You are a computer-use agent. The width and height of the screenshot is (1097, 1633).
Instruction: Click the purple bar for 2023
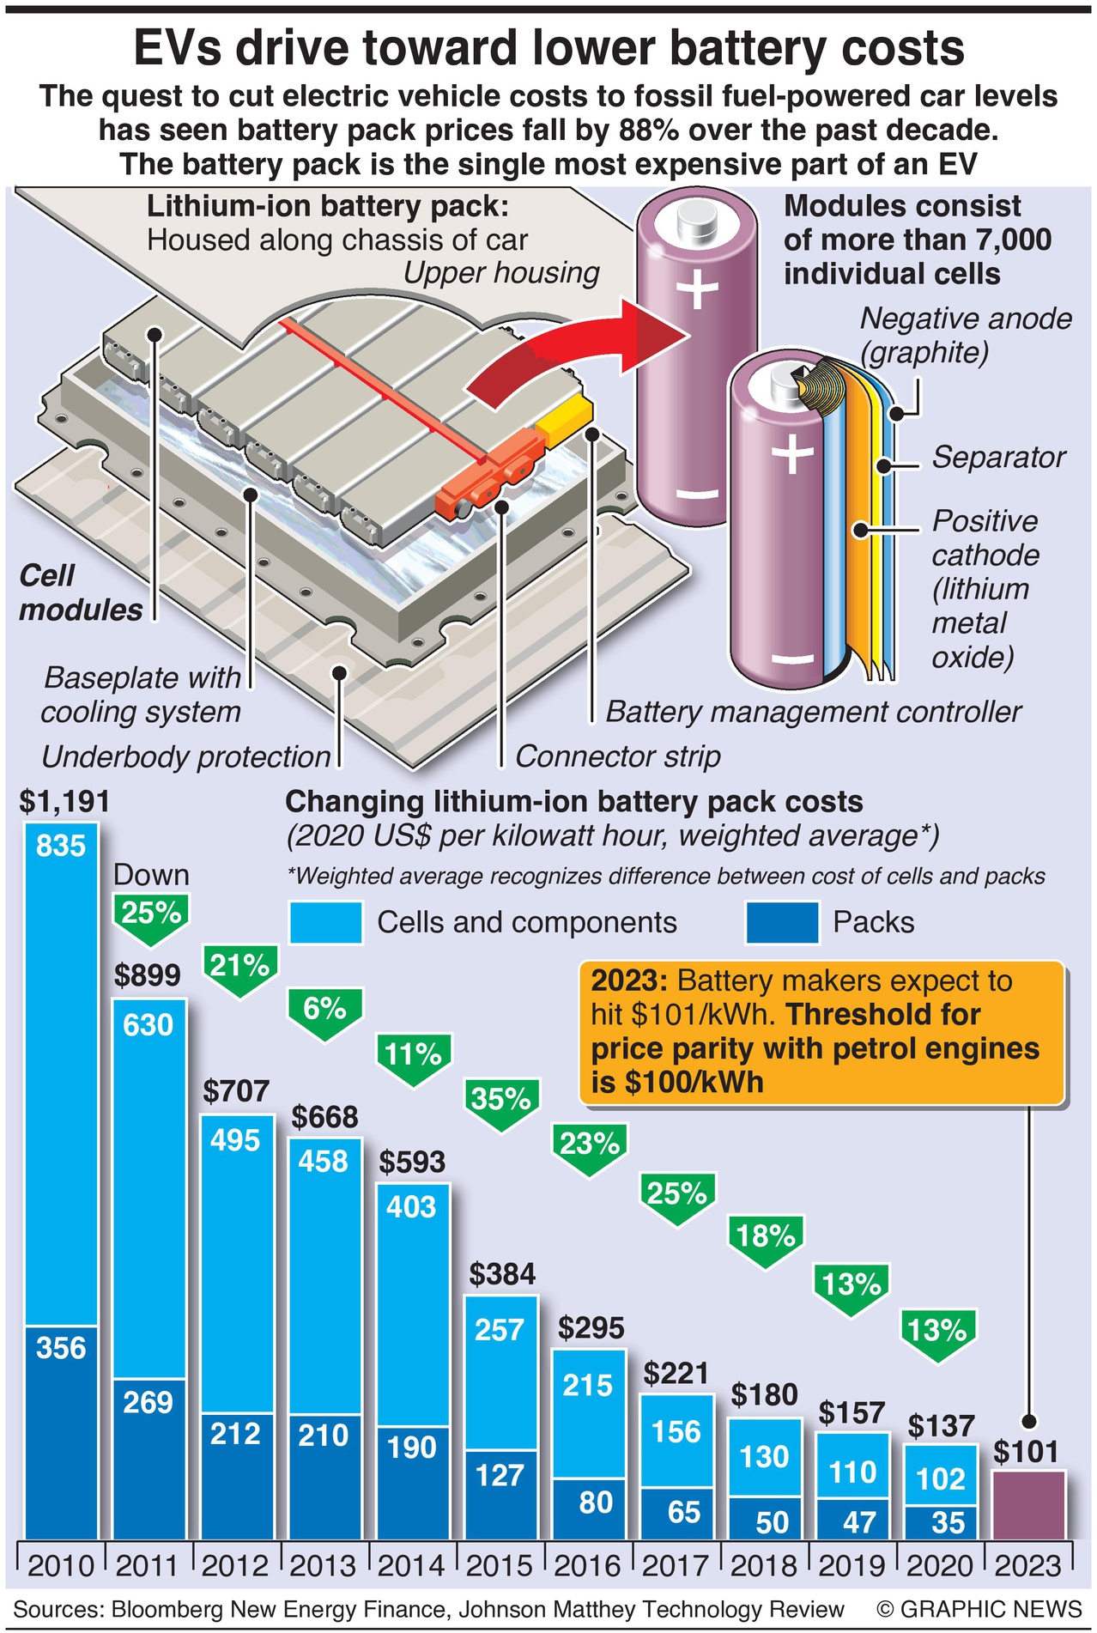(1028, 1504)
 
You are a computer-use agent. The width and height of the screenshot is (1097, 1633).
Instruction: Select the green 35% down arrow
(502, 1102)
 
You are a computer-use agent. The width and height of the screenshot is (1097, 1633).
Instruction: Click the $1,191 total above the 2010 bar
(64, 801)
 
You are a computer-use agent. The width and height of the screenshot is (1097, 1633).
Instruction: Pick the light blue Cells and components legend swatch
(325, 922)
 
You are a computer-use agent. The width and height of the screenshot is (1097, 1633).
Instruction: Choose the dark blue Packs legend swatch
(782, 922)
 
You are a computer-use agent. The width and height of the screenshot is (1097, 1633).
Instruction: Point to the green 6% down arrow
(324, 1012)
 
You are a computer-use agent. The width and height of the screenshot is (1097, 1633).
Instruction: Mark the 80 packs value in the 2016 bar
(596, 1502)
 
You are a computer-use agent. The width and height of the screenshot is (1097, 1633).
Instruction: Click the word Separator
(998, 457)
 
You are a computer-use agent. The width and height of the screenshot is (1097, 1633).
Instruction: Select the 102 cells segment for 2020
(941, 1478)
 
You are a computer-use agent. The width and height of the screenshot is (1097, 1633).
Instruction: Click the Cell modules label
(81, 592)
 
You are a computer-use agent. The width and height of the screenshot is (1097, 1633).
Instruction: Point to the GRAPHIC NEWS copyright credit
(979, 1608)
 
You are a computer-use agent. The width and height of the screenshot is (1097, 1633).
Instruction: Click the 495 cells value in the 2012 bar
(235, 1140)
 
